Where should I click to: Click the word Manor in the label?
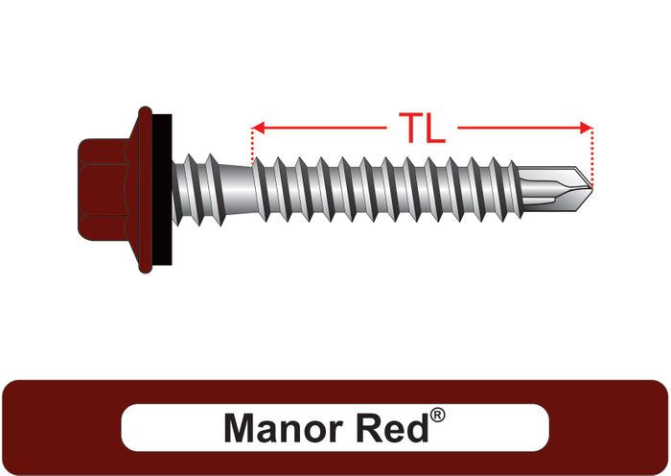pyautogui.click(x=280, y=427)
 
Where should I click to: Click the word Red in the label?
pyautogui.click(x=390, y=427)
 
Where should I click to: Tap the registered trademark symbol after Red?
pyautogui.click(x=437, y=416)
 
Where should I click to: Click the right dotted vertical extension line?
pyautogui.click(x=593, y=154)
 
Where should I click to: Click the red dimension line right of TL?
pyautogui.click(x=518, y=127)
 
